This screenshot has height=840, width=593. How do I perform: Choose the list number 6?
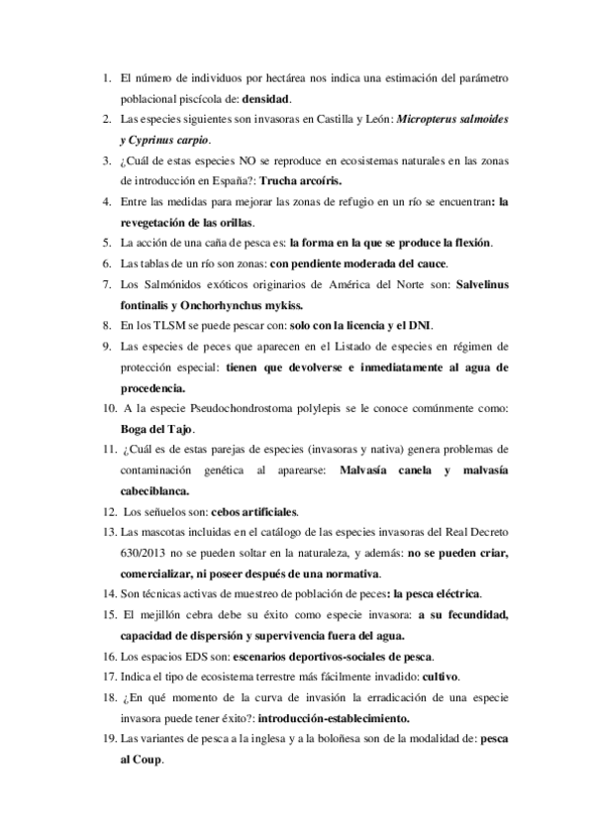pyautogui.click(x=107, y=264)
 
